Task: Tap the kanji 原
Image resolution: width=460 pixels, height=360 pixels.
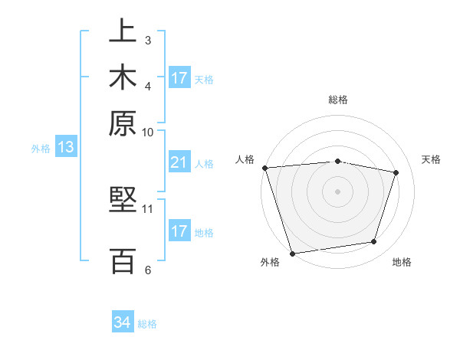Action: point(123,123)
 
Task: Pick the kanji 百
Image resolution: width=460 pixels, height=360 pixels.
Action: point(123,260)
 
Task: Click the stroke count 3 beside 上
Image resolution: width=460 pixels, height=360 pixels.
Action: point(148,40)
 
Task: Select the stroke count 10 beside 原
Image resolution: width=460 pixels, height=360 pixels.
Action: point(148,131)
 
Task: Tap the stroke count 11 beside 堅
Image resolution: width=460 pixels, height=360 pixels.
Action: point(148,208)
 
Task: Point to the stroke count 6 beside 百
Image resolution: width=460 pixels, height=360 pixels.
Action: point(148,270)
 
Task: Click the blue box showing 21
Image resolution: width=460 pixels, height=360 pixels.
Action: point(179,162)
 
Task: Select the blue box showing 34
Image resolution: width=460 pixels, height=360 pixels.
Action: point(122,323)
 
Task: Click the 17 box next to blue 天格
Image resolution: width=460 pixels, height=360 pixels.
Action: point(179,78)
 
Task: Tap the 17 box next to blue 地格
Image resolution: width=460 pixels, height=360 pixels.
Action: point(179,231)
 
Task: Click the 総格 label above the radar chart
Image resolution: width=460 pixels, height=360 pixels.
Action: point(338,100)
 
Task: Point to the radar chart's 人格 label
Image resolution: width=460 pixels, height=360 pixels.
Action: point(245,159)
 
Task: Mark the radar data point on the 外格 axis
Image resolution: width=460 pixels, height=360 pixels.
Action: point(292,253)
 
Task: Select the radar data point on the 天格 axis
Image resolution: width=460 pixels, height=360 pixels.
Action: point(396,172)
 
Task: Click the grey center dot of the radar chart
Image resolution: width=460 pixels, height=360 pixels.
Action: point(338,191)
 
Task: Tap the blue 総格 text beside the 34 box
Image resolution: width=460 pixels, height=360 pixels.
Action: point(147,324)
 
